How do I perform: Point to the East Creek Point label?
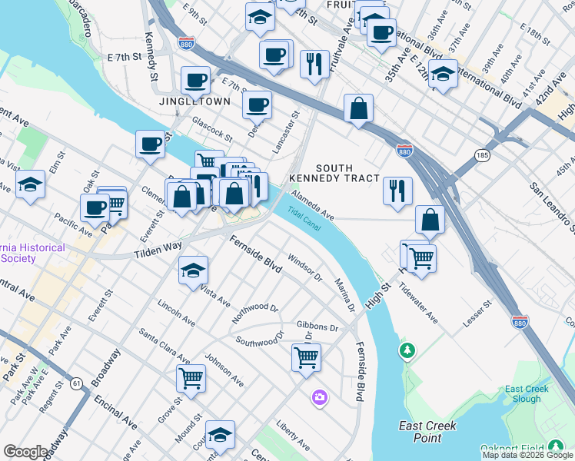pos(427,431)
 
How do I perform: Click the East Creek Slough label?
pos(527,394)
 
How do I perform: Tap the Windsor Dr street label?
pos(304,266)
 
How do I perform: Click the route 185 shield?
pos(483,155)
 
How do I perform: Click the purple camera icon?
pos(319,397)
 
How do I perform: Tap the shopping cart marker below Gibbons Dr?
pos(306,357)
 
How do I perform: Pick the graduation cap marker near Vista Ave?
pos(193,270)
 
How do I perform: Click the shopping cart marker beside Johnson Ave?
pos(191,377)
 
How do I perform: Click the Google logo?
pos(25,452)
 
